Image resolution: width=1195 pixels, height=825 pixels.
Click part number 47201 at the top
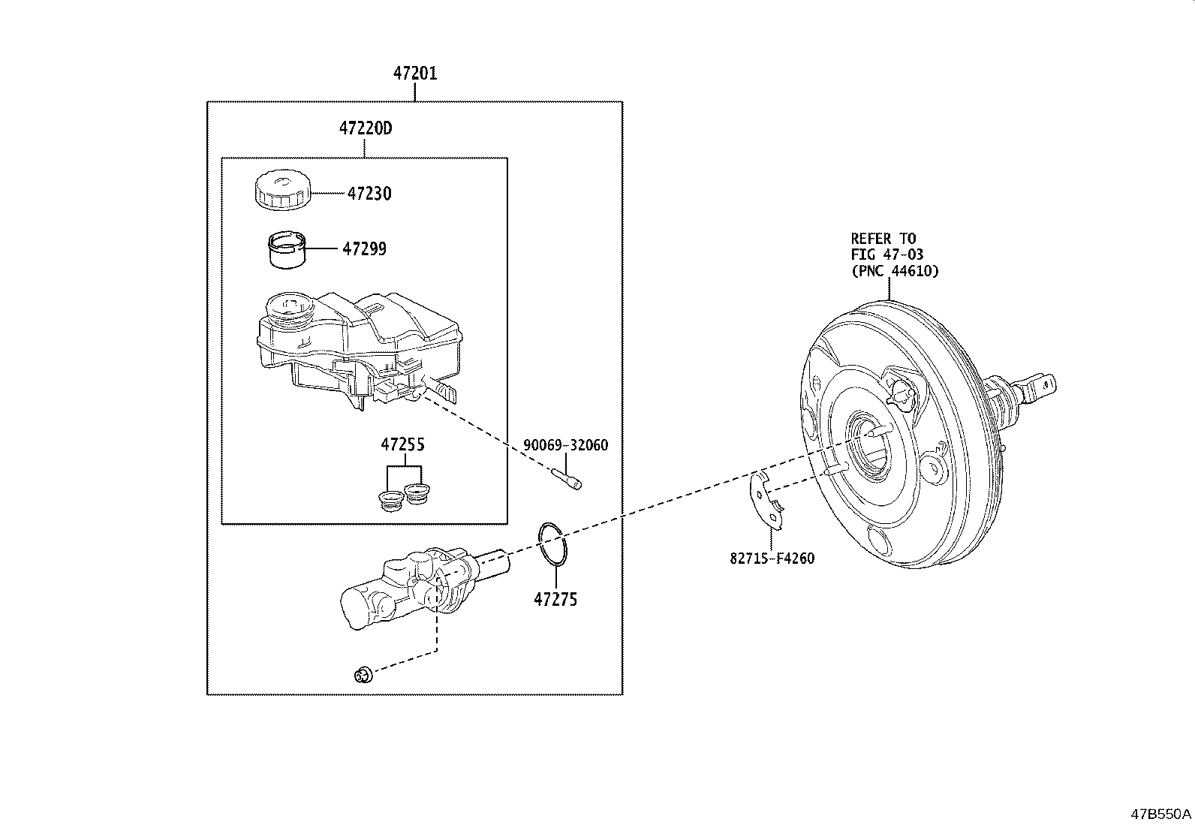click(415, 74)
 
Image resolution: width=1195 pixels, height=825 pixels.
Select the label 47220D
click(365, 129)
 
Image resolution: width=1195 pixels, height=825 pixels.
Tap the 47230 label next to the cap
click(369, 194)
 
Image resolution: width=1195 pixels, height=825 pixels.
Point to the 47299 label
click(364, 249)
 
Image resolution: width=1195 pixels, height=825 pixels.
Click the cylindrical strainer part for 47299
click(287, 250)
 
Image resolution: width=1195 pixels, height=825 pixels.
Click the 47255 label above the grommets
click(402, 444)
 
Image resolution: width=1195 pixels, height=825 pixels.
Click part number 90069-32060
click(565, 445)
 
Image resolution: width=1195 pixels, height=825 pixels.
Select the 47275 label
click(555, 600)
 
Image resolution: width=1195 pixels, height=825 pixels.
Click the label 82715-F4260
click(772, 558)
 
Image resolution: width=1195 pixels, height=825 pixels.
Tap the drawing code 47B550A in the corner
click(1161, 814)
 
